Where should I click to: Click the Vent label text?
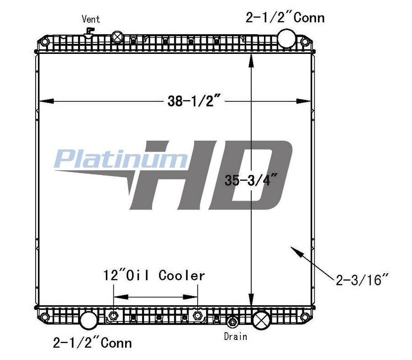pyautogui.click(x=90, y=19)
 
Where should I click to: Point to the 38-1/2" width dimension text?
pyautogui.click(x=194, y=101)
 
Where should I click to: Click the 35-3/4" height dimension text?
pyautogui.click(x=247, y=180)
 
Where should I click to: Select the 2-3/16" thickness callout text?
pyautogui.click(x=362, y=280)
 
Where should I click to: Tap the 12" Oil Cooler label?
pyautogui.click(x=153, y=275)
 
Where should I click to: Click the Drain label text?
pyautogui.click(x=235, y=336)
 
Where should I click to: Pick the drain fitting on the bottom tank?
pyautogui.click(x=232, y=322)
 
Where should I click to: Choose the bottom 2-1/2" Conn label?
pyautogui.click(x=92, y=342)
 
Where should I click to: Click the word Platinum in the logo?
pyautogui.click(x=120, y=159)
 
